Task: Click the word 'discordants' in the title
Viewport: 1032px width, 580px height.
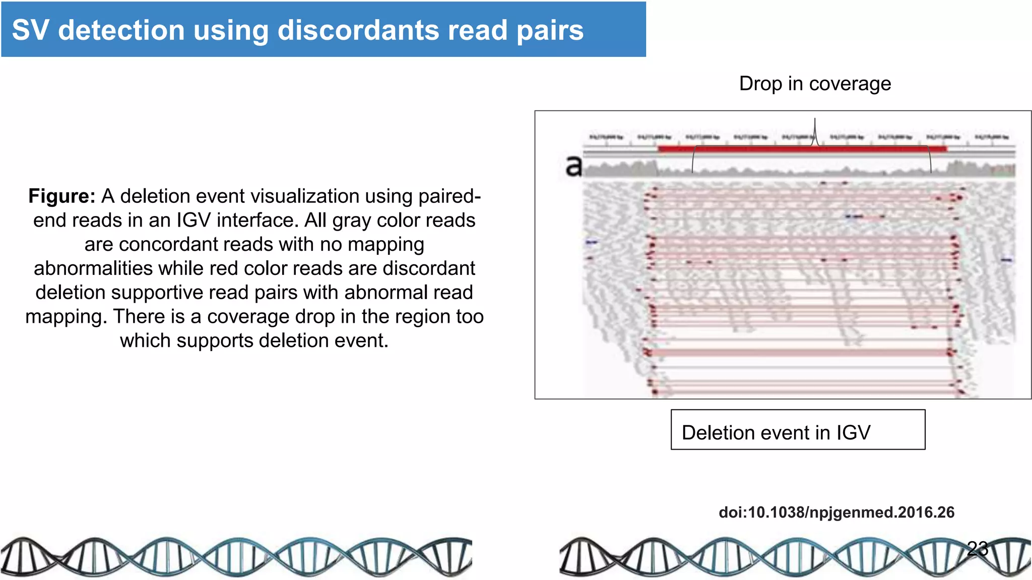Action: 358,30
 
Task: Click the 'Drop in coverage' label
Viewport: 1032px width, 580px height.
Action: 815,84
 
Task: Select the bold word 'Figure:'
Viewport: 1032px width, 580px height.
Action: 61,196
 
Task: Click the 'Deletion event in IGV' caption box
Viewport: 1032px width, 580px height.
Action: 798,430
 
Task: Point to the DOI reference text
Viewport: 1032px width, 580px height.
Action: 836,513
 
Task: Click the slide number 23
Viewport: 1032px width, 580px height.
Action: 978,548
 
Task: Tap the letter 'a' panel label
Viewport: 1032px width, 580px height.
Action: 573,166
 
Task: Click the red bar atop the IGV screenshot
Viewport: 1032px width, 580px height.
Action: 801,149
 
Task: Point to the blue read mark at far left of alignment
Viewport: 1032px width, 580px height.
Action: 591,243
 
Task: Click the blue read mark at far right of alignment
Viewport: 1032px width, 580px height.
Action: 1006,260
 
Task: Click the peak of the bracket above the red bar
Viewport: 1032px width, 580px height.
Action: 815,121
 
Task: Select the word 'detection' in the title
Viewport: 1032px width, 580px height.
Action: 121,30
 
